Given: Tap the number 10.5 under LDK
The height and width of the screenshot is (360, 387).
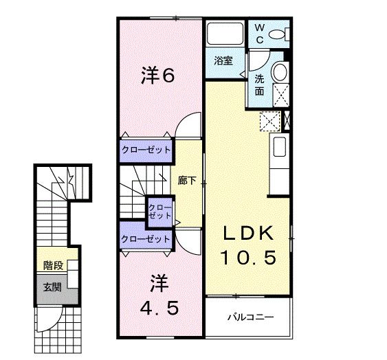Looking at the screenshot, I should click(248, 258).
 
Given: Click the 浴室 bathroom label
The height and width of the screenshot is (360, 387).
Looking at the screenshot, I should click(221, 60).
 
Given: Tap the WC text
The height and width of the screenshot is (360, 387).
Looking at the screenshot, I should click(260, 34).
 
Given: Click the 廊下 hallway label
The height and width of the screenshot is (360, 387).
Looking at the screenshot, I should click(187, 181).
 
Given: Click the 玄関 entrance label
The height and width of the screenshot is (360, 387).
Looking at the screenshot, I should click(52, 286).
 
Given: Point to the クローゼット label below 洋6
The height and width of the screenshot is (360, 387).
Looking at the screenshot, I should click(146, 150).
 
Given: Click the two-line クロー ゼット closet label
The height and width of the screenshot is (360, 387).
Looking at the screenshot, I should click(160, 210).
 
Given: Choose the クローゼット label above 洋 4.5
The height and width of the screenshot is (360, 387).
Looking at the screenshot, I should click(145, 238).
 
